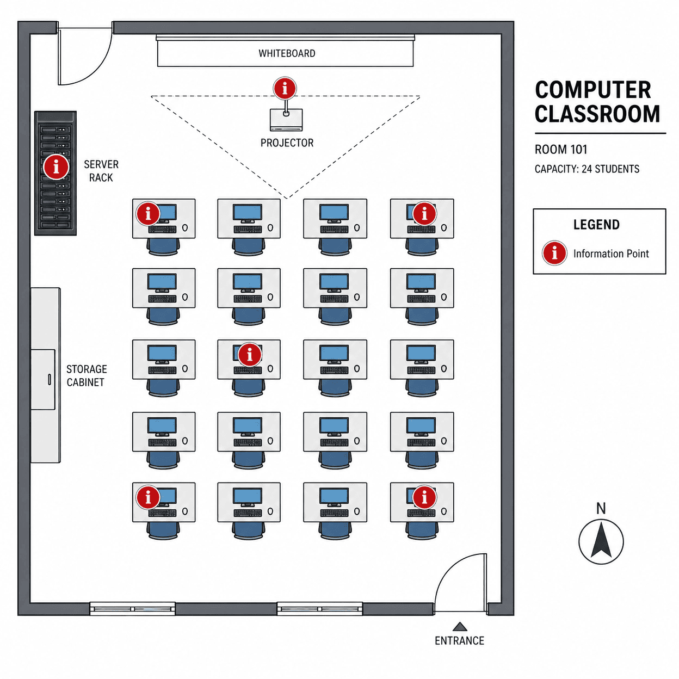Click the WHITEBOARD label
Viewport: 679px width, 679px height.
pyautogui.click(x=287, y=53)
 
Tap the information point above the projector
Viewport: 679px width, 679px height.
pyautogui.click(x=285, y=88)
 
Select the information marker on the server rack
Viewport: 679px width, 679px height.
pyautogui.click(x=55, y=166)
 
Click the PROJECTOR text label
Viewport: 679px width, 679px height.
pyautogui.click(x=287, y=143)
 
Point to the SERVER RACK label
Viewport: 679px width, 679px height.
pyautogui.click(x=101, y=171)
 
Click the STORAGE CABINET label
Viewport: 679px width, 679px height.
pyautogui.click(x=87, y=375)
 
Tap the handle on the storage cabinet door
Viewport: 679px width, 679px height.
pyautogui.click(x=50, y=379)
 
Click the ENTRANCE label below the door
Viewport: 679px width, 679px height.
pyautogui.click(x=459, y=640)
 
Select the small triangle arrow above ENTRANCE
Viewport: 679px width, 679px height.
pyautogui.click(x=460, y=626)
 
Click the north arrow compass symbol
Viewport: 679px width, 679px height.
pyautogui.click(x=601, y=541)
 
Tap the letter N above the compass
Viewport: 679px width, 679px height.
pyautogui.click(x=601, y=509)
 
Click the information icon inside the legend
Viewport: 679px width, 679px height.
pyautogui.click(x=554, y=253)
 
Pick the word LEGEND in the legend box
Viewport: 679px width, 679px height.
pyautogui.click(x=596, y=225)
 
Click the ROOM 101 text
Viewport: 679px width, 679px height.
pyautogui.click(x=560, y=150)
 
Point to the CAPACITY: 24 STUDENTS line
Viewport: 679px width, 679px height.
pyautogui.click(x=587, y=169)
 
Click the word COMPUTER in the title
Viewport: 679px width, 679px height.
pyautogui.click(x=593, y=90)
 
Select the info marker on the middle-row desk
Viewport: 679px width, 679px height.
pyautogui.click(x=250, y=354)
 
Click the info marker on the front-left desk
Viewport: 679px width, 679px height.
pyautogui.click(x=148, y=213)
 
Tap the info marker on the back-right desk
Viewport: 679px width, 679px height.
pyautogui.click(x=424, y=497)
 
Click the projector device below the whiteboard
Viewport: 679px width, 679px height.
pyautogui.click(x=286, y=120)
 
